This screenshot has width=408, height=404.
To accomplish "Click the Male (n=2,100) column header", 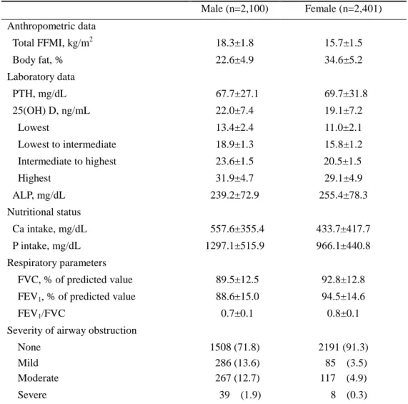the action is point(234,9).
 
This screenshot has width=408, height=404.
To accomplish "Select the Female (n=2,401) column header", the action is point(343,9).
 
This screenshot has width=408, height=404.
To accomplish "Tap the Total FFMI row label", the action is point(53,42).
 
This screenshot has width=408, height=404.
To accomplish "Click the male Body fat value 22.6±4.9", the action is point(234,60).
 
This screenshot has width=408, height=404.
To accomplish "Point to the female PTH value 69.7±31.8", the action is point(346,94).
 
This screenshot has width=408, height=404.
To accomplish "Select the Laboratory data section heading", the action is point(41,77).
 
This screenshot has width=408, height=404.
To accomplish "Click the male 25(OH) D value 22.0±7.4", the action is point(234,111).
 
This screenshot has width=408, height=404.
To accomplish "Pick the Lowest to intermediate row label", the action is point(67,144).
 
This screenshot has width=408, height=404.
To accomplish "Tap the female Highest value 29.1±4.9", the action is point(343,178).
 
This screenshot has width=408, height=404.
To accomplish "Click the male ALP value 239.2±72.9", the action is point(234,195).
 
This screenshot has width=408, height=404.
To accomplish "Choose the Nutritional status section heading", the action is point(44,212).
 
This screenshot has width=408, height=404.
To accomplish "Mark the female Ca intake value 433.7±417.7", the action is point(343,229).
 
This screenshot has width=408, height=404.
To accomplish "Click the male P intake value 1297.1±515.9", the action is point(234,246).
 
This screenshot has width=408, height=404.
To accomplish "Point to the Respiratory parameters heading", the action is point(56,263).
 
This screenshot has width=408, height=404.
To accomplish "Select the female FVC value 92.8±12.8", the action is point(343,280).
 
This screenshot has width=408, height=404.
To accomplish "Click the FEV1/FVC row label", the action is point(41,313).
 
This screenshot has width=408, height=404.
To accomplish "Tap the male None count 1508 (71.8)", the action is point(235,348).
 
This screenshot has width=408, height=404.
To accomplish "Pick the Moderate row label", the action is point(39,378).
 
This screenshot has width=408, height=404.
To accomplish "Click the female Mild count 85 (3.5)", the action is point(346,363).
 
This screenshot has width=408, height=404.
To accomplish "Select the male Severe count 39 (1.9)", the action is point(240,395).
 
